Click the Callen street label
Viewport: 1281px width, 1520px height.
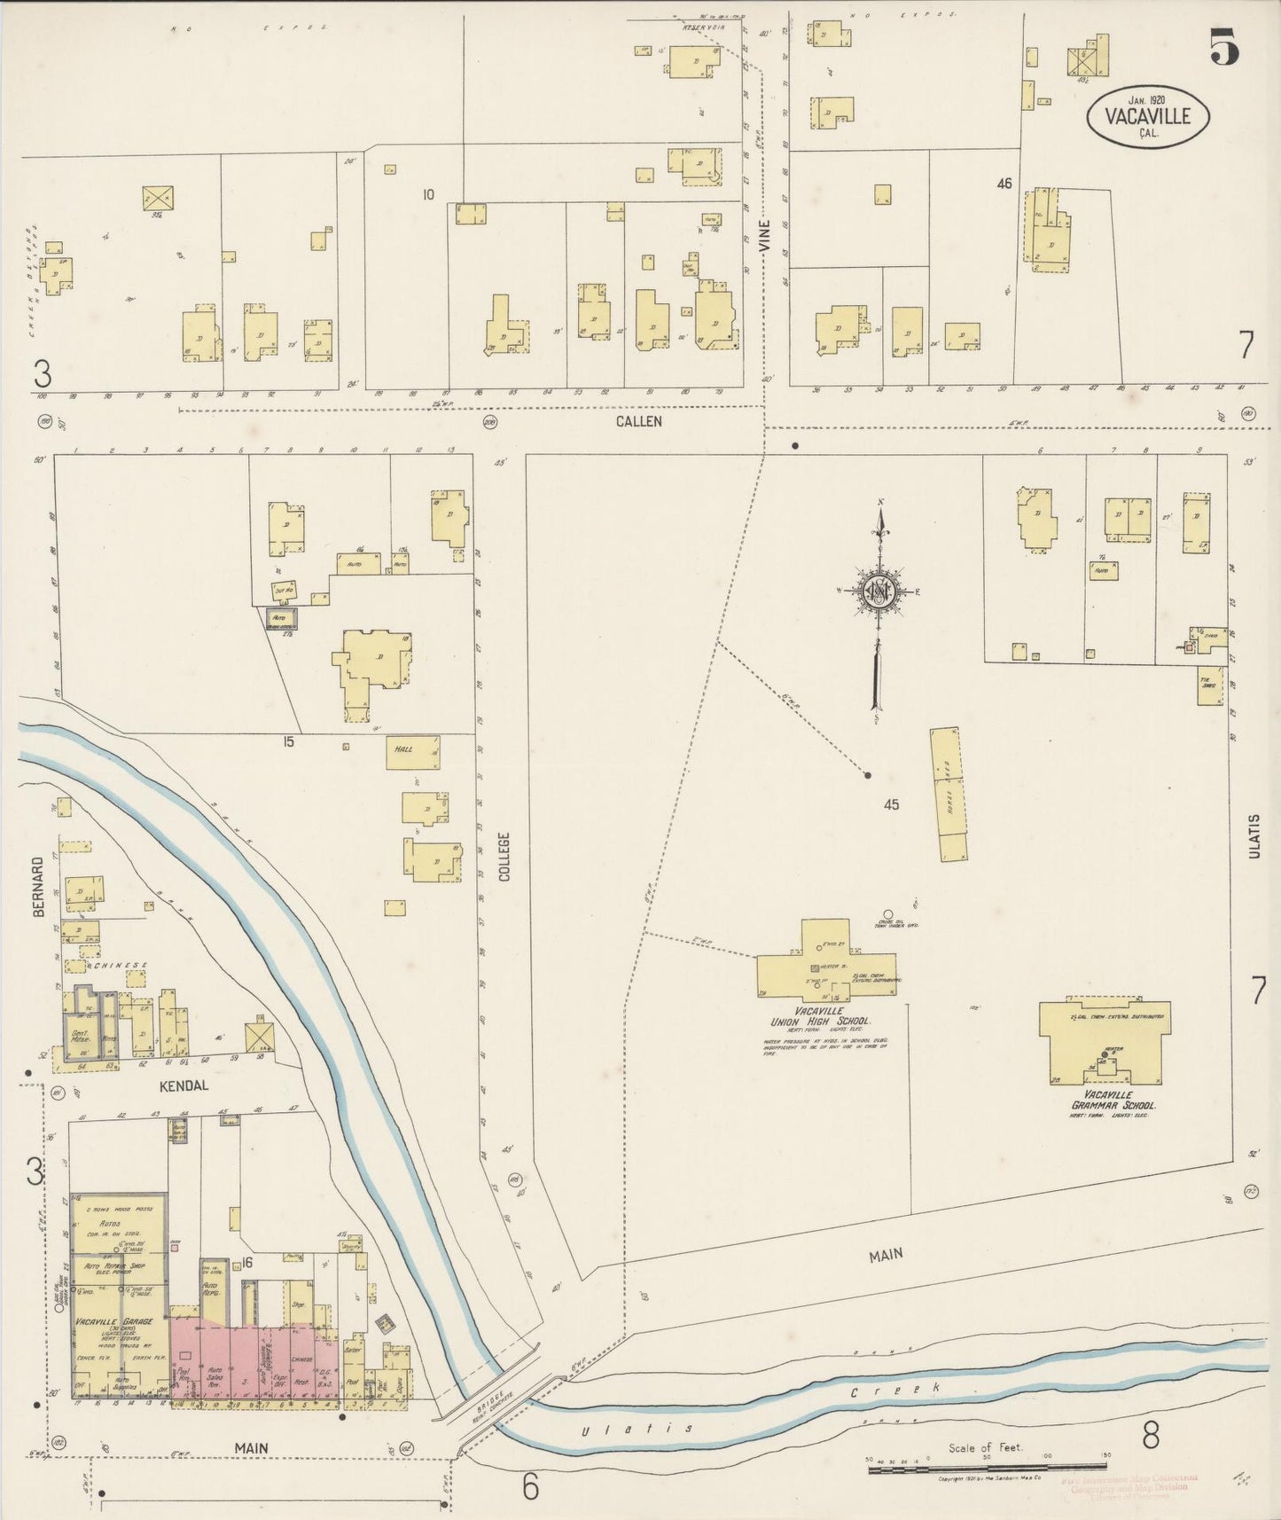(x=639, y=421)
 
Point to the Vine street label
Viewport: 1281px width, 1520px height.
(x=765, y=239)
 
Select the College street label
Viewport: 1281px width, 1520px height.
(x=504, y=856)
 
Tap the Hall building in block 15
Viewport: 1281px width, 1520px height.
(x=412, y=751)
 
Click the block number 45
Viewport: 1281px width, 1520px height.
(x=891, y=804)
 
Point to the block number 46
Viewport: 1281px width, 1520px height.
(x=1004, y=184)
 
